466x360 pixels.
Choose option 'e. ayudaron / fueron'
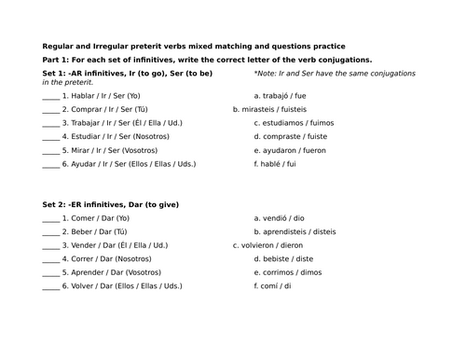300,151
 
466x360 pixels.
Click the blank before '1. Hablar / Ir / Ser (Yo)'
50,96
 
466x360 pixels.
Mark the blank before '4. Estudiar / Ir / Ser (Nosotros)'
50,138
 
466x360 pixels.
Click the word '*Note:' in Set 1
266,73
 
